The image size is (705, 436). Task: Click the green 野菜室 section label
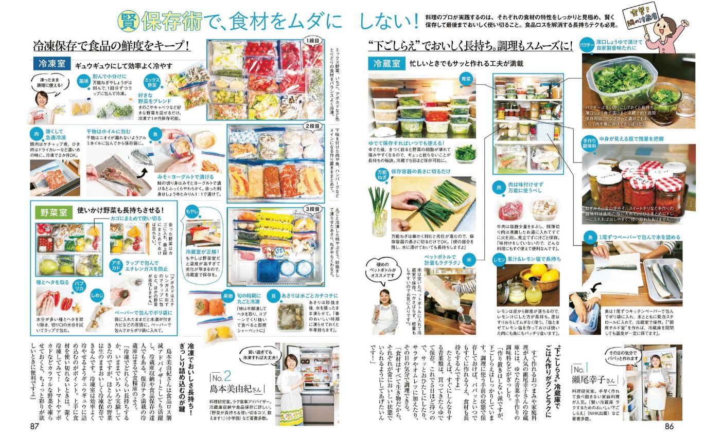pos(53,211)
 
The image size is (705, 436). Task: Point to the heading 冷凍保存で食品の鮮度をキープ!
pos(111,46)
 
